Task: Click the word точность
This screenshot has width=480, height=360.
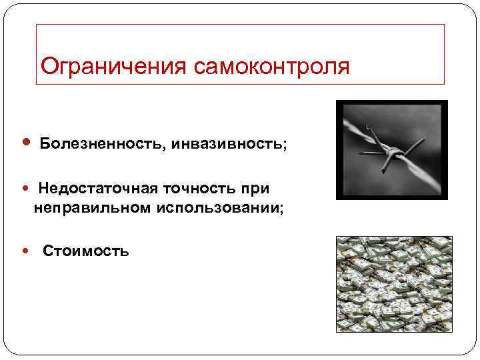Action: pyautogui.click(x=193, y=190)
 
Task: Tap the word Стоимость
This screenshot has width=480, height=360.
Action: pyautogui.click(x=86, y=251)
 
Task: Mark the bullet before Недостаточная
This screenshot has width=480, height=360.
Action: pyautogui.click(x=26, y=190)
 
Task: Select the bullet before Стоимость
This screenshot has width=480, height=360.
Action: pyautogui.click(x=26, y=251)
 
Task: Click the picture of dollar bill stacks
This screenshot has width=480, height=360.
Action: pyautogui.click(x=394, y=284)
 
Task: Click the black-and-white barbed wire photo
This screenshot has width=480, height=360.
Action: pyautogui.click(x=391, y=149)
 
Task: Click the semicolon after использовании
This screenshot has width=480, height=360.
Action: pyautogui.click(x=282, y=209)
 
